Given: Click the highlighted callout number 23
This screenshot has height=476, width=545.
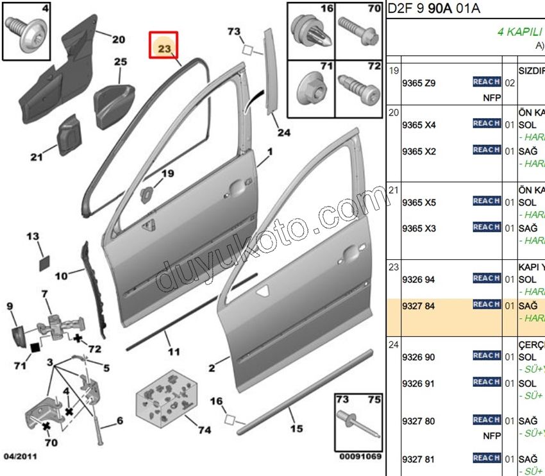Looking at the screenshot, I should [163, 47].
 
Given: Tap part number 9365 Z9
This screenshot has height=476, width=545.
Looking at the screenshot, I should [418, 83].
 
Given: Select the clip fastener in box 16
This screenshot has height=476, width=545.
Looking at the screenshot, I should [308, 33].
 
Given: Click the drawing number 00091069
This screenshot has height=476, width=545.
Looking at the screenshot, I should [360, 457].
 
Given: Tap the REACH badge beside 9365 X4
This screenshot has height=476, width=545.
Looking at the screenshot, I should [486, 123].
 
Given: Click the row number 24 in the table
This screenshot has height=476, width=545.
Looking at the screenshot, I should [394, 344].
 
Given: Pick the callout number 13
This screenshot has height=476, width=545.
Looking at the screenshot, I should [33, 237].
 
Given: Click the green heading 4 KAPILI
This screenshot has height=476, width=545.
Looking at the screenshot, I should [521, 31].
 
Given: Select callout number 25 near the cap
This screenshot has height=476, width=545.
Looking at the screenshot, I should [121, 62].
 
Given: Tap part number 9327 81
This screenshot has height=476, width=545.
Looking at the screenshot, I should [418, 459].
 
